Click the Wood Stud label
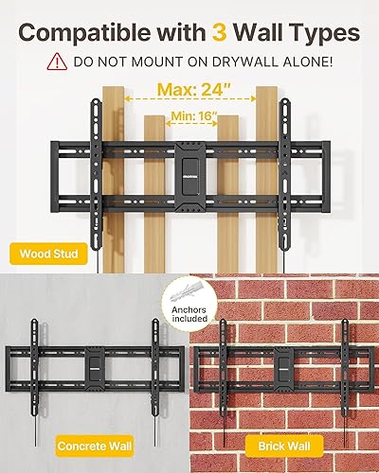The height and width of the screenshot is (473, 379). click(47, 254)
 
